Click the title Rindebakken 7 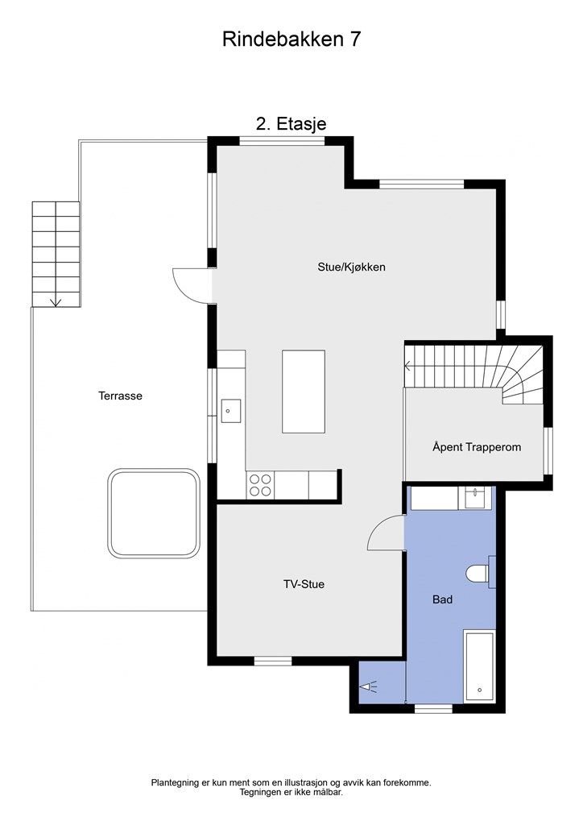tap(291, 39)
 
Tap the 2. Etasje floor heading tap(291, 123)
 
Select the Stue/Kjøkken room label tap(351, 267)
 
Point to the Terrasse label tap(121, 396)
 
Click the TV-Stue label tap(304, 584)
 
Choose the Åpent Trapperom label tap(477, 447)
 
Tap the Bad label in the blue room tap(443, 599)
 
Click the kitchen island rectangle tap(304, 392)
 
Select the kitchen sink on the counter tap(231, 411)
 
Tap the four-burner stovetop tap(260, 485)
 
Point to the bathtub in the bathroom tap(479, 665)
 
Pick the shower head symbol tap(368, 686)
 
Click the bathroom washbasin tap(475, 498)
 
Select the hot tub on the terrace tap(154, 513)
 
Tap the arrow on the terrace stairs tap(56, 302)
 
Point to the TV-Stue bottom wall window tap(273, 661)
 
